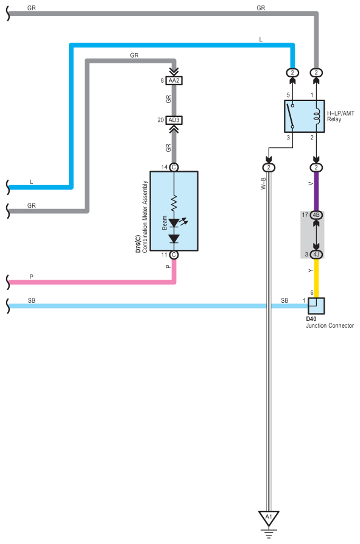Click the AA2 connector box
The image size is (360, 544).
click(x=174, y=80)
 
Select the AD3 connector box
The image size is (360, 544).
click(x=174, y=120)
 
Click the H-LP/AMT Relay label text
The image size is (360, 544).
click(x=341, y=116)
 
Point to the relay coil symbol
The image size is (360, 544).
click(x=316, y=116)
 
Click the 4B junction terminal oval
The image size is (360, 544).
click(x=316, y=215)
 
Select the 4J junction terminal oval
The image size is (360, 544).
click(x=316, y=255)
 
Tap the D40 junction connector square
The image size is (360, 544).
click(x=316, y=306)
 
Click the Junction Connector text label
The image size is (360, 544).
click(x=330, y=325)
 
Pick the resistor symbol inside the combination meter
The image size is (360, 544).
click(x=174, y=203)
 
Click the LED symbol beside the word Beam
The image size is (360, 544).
click(x=174, y=223)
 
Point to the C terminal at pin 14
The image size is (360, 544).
click(x=174, y=168)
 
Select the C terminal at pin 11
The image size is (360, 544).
click(x=174, y=255)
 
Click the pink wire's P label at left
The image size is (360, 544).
click(x=31, y=277)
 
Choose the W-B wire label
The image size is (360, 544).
click(x=263, y=183)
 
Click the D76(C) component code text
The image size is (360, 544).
click(x=138, y=244)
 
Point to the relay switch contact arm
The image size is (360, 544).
click(x=290, y=116)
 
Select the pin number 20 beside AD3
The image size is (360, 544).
click(x=161, y=120)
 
